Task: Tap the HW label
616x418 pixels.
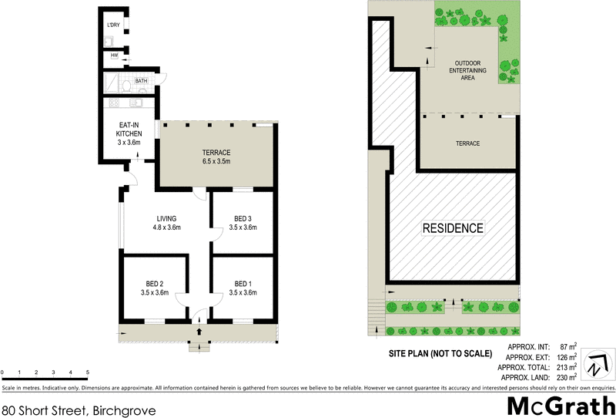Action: (114, 56)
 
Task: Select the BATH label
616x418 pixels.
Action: (141, 80)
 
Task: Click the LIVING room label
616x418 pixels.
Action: (166, 222)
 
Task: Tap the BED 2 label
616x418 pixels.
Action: (153, 288)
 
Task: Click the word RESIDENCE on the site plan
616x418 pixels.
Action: (454, 228)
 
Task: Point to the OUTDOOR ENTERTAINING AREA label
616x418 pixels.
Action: (470, 70)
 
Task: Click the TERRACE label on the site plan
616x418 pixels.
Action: (467, 143)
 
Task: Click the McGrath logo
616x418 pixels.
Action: (561, 406)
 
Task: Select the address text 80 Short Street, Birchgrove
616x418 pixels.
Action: (79, 411)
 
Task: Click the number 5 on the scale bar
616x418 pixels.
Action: (88, 372)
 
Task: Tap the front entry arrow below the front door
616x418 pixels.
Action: (199, 332)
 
